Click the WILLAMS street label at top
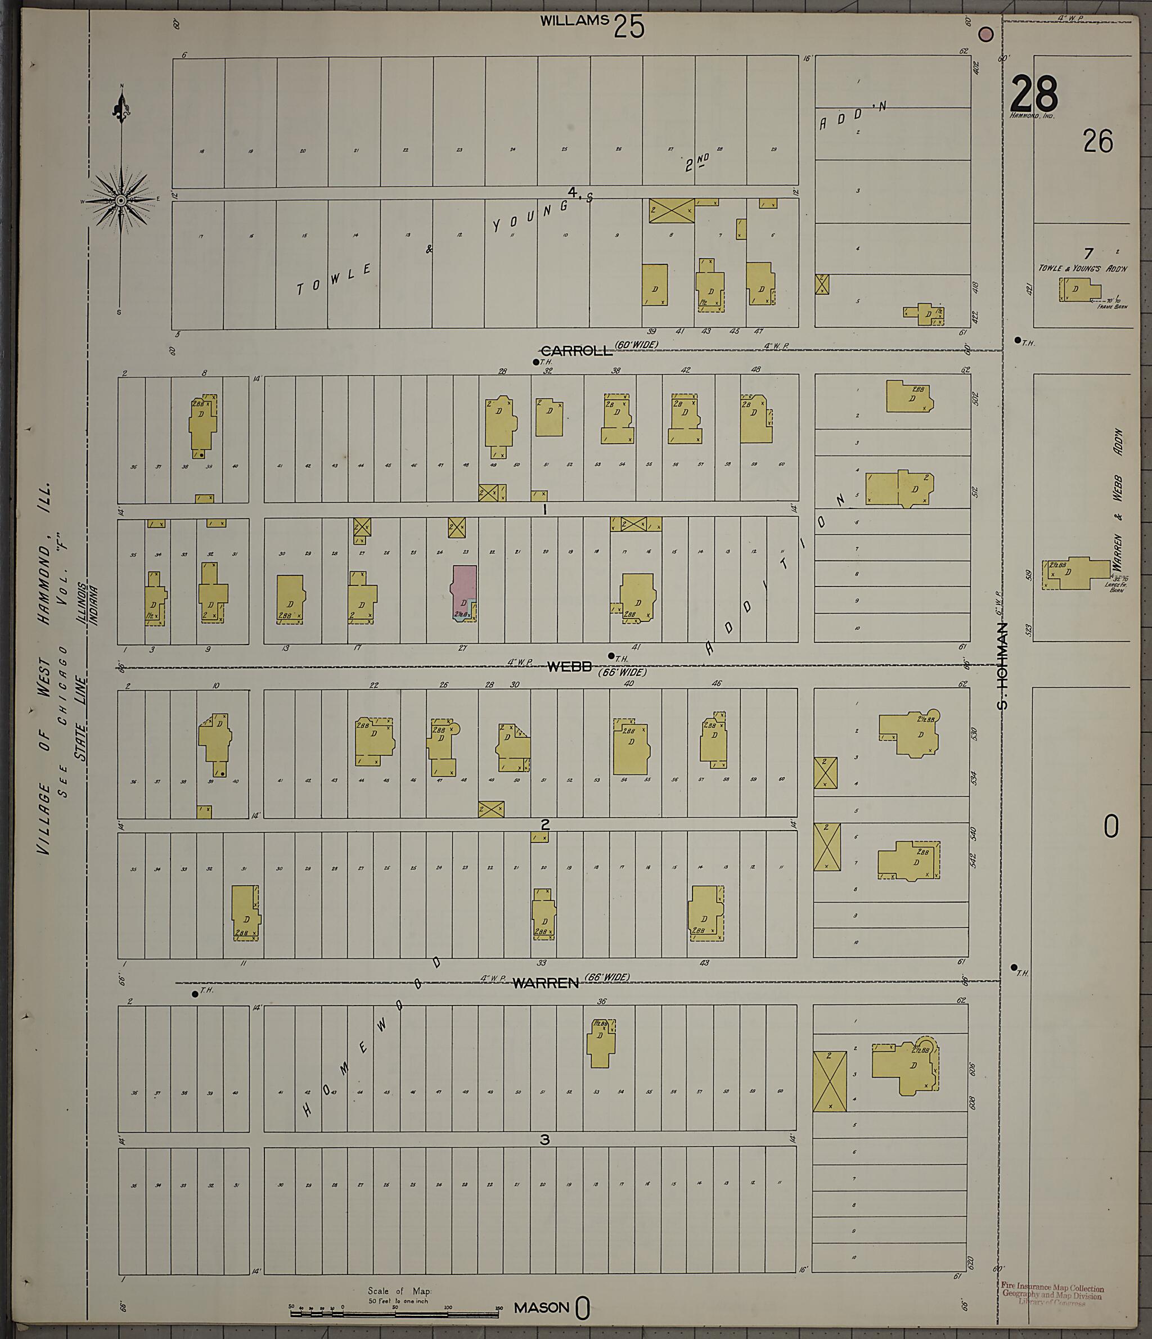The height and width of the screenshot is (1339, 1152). pos(574,21)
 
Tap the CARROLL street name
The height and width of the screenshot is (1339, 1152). pos(575,351)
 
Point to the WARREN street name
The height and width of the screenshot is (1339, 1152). pos(545,984)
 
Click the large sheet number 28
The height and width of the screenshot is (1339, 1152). pos(1034,94)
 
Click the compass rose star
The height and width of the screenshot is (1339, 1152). pos(121,201)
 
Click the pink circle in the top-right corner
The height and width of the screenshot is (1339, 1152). pos(986,34)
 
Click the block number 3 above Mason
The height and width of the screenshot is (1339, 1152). pos(544,1139)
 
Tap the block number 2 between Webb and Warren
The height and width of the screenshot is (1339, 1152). pos(545,824)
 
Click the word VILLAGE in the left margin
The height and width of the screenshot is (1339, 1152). pos(44,818)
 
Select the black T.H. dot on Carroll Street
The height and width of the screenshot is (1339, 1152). pos(535,362)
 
